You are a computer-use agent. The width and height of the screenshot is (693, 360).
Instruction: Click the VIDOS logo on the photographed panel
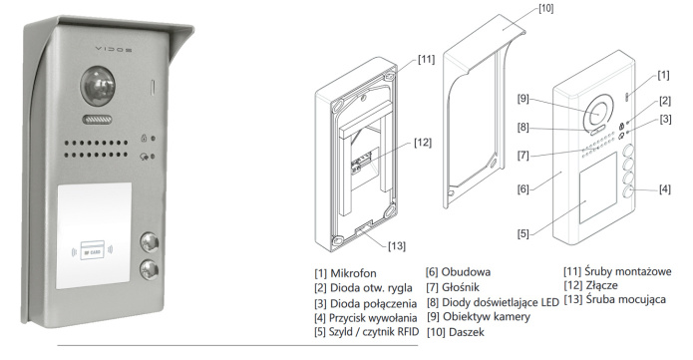(113, 50)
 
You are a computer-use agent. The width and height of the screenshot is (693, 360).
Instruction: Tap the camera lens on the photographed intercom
(98, 86)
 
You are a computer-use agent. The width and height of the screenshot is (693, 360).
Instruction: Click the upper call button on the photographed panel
(150, 242)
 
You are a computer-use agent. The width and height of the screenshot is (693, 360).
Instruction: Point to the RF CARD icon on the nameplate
(93, 250)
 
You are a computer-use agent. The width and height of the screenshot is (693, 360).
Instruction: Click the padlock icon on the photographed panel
(144, 138)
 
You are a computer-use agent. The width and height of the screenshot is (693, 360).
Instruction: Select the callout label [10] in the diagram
(545, 8)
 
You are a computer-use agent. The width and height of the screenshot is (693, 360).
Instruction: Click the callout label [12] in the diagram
(423, 143)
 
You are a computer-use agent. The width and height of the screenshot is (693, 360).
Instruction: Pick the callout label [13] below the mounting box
(397, 246)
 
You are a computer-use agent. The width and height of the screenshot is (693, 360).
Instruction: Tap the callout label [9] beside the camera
(523, 98)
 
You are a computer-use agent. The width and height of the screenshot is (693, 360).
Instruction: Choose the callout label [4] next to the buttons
(665, 189)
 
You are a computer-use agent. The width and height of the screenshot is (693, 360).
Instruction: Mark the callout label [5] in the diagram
(523, 233)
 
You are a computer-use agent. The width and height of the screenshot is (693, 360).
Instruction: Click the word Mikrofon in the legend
(353, 273)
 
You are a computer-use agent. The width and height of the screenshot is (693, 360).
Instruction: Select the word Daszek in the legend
(467, 332)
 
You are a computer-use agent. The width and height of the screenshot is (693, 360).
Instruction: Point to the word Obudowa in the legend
(466, 271)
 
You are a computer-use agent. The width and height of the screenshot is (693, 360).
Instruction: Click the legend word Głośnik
(461, 287)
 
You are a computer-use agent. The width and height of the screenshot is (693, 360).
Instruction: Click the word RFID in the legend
(407, 332)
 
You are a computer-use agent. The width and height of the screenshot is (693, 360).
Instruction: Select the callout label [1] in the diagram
(663, 75)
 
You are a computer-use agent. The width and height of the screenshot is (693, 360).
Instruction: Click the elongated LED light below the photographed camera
(97, 120)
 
